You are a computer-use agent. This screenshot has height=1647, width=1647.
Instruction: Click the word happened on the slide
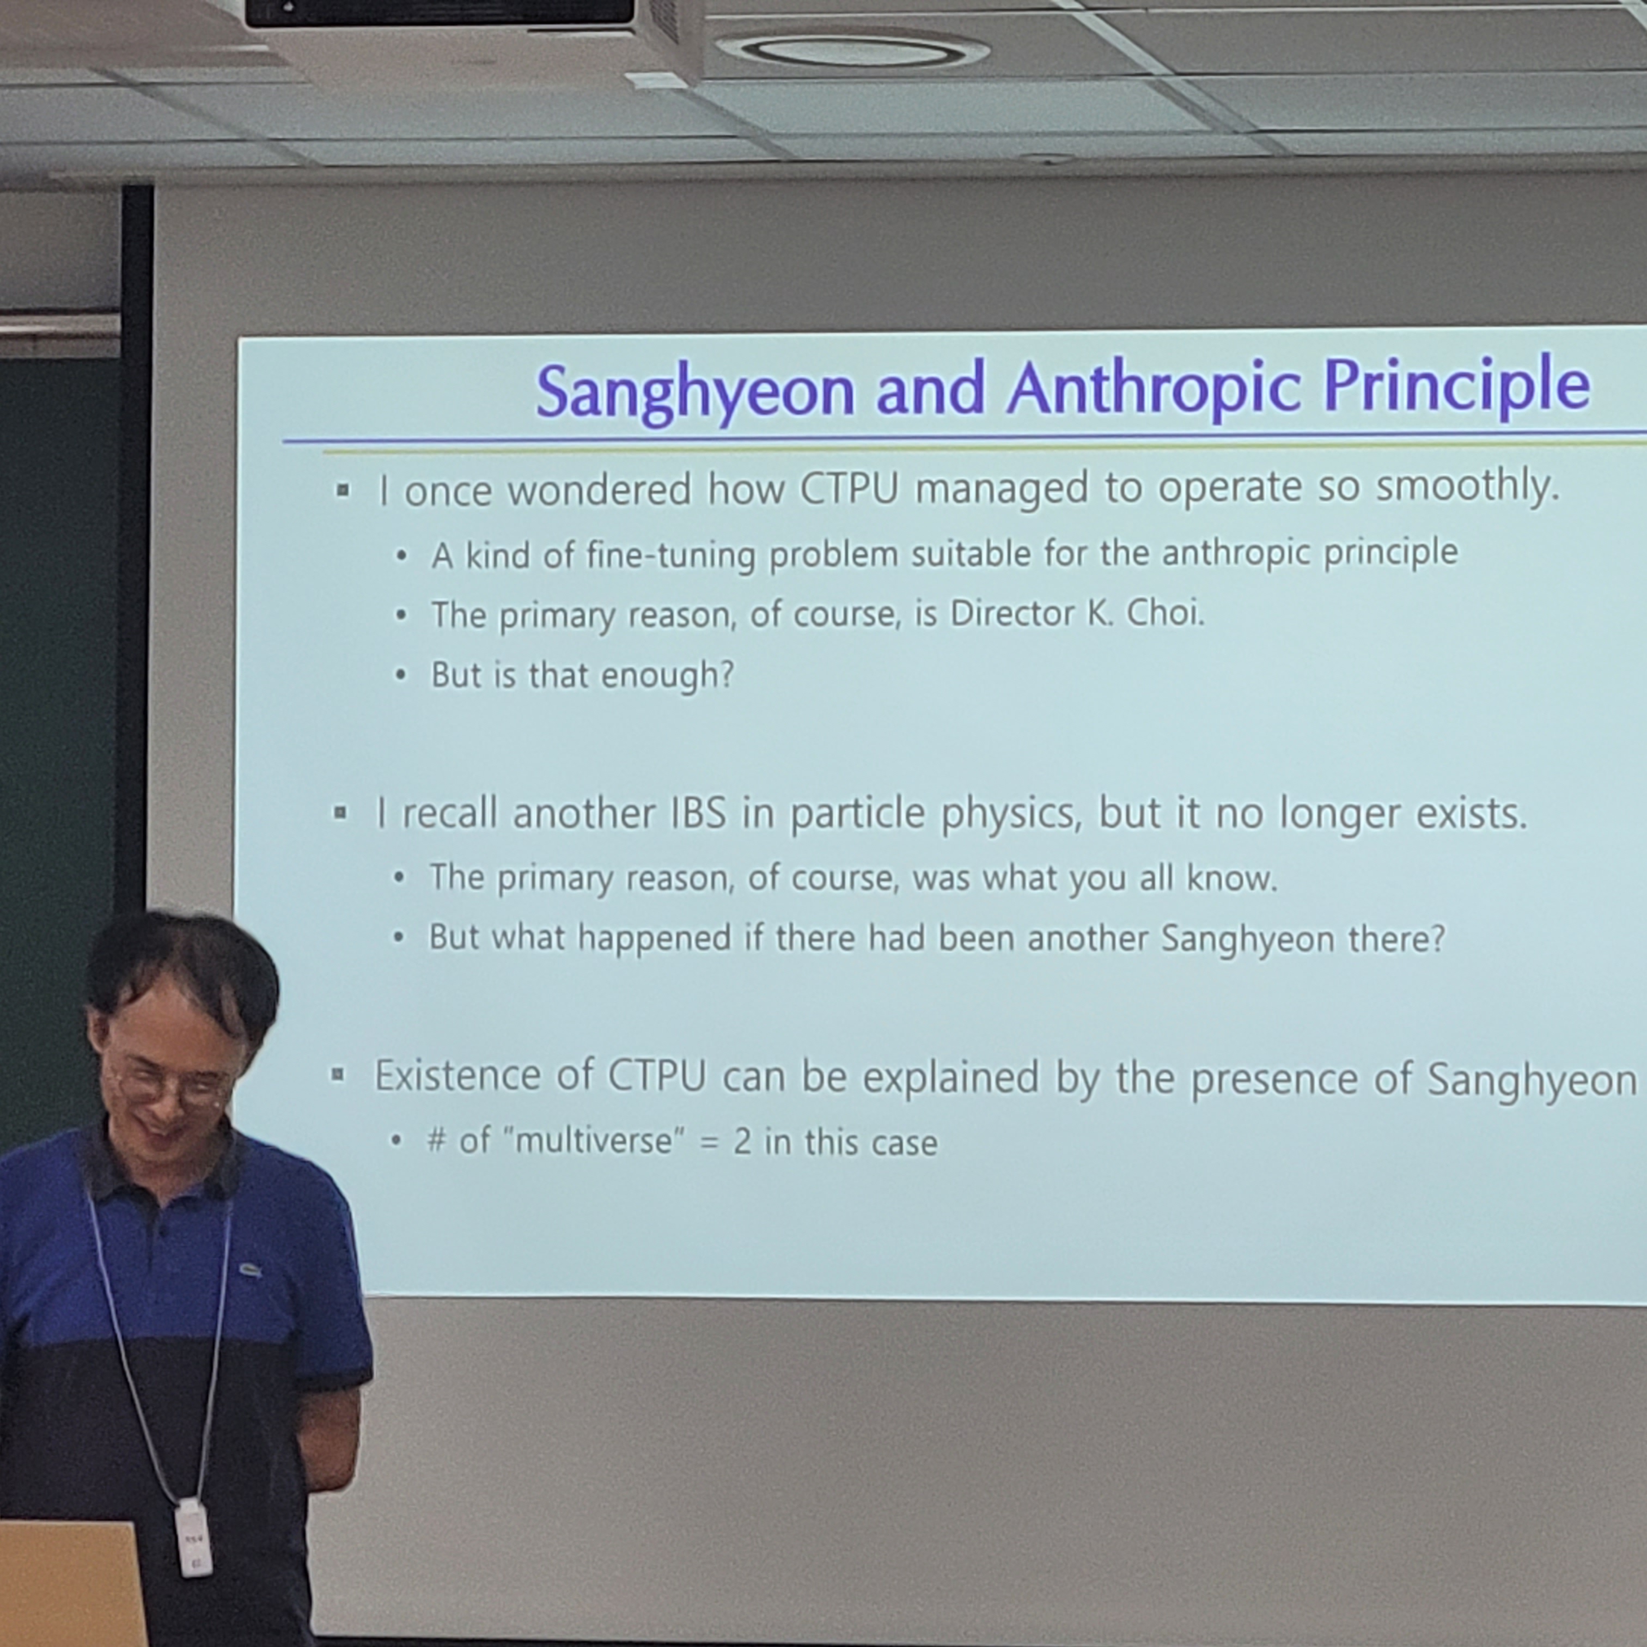point(655,938)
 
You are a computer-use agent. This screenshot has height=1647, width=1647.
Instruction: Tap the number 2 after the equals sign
point(742,1142)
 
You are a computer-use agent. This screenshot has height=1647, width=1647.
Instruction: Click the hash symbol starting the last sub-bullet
point(436,1140)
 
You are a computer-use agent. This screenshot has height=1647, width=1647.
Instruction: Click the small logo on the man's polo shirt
point(251,1271)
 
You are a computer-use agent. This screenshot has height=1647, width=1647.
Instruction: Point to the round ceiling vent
point(852,50)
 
